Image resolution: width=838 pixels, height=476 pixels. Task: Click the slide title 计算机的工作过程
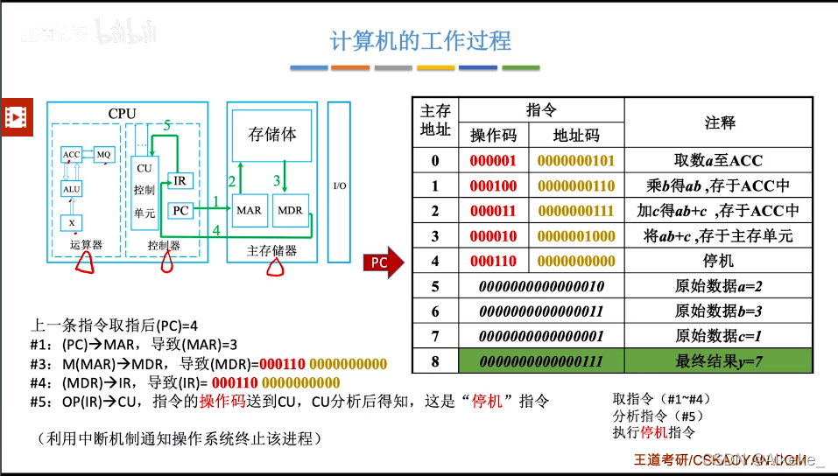click(419, 41)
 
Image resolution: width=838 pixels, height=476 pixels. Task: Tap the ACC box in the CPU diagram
click(71, 155)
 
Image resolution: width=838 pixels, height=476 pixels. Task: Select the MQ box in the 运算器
click(104, 155)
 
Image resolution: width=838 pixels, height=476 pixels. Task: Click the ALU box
click(71, 188)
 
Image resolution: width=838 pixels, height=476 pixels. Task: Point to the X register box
click(71, 223)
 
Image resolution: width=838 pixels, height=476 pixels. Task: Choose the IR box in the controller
click(179, 181)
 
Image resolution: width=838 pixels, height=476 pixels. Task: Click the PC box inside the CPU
click(180, 210)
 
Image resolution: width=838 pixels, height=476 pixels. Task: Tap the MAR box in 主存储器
click(249, 210)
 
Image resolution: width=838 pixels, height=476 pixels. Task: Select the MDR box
click(289, 210)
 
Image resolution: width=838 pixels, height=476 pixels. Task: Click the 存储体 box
click(272, 136)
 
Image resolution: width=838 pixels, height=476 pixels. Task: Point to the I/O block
click(339, 186)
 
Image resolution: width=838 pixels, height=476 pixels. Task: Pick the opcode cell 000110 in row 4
click(493, 261)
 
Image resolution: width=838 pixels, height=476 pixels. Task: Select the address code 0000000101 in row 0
click(575, 161)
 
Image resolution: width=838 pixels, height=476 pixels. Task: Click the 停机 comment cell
click(719, 261)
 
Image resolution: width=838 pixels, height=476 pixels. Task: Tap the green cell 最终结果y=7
click(719, 360)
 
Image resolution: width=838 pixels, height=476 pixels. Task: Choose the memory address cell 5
click(435, 286)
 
